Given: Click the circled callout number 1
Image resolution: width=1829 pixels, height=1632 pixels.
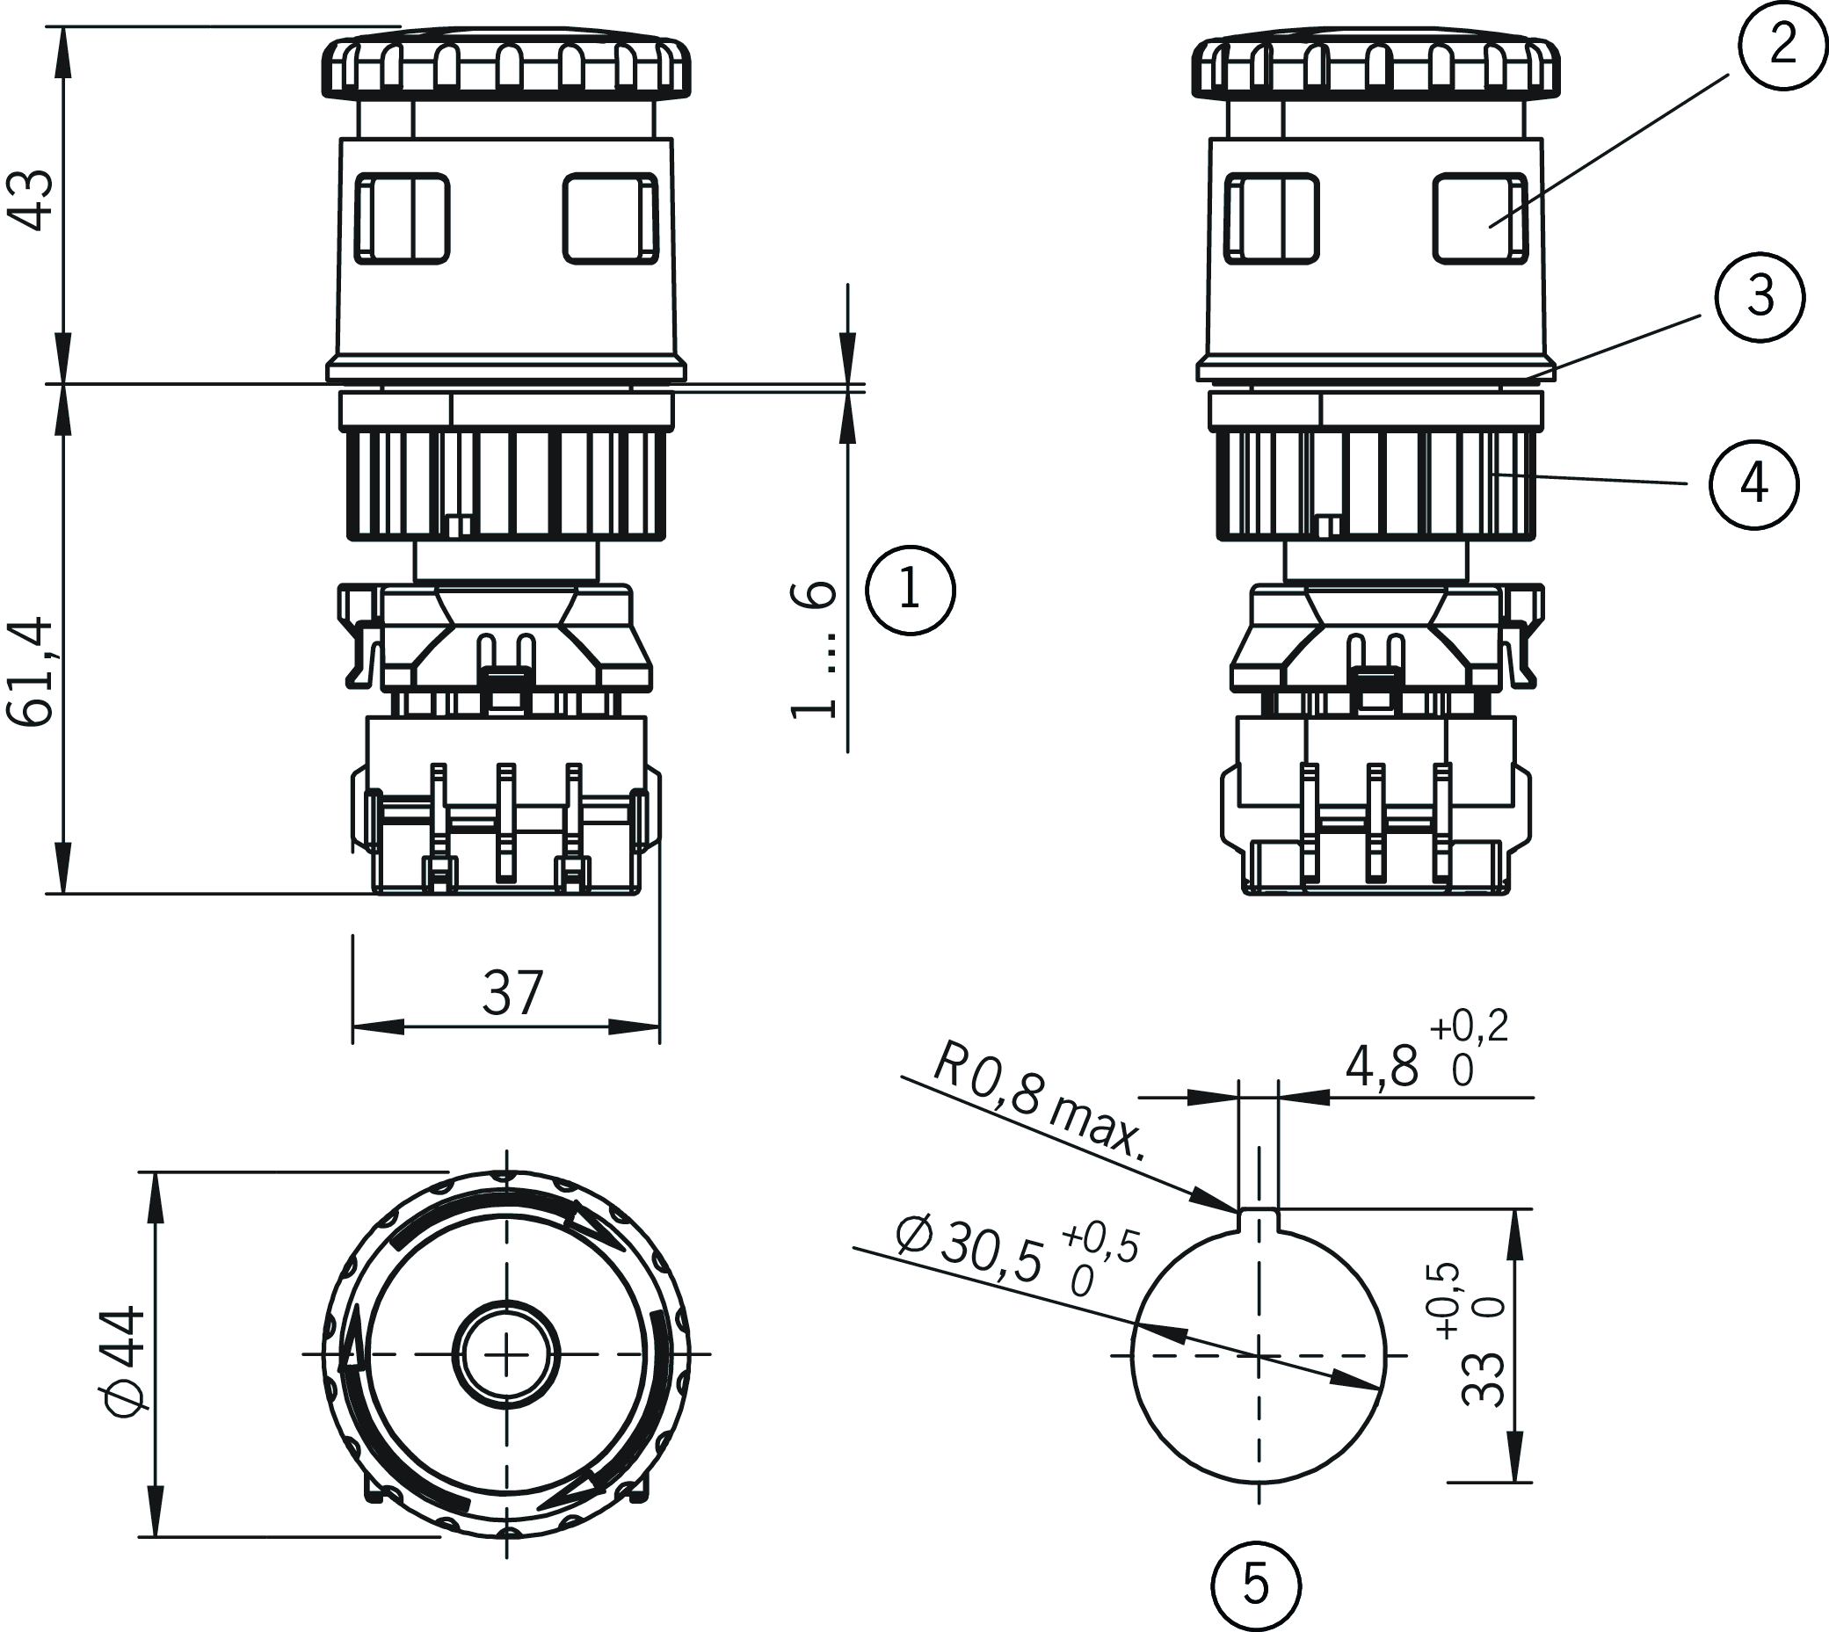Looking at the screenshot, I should [x=910, y=591].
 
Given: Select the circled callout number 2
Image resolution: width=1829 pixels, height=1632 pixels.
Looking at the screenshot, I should [x=1782, y=44].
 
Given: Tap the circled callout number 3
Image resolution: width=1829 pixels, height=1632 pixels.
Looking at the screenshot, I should [x=1759, y=297].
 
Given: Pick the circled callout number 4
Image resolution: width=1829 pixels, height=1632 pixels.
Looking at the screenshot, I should [x=1753, y=484].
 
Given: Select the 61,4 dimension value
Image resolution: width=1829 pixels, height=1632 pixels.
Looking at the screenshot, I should [x=34, y=671].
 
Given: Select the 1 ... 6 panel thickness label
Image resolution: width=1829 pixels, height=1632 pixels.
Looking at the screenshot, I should [x=814, y=649].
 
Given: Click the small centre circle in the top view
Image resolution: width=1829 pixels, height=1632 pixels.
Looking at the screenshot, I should [x=506, y=1353].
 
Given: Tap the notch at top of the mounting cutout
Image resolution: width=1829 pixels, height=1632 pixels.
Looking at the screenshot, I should [x=1259, y=1217].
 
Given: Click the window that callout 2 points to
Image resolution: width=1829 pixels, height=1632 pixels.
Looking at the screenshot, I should [x=1479, y=219].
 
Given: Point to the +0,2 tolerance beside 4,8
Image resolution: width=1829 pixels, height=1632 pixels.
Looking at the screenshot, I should [x=1469, y=1026].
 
